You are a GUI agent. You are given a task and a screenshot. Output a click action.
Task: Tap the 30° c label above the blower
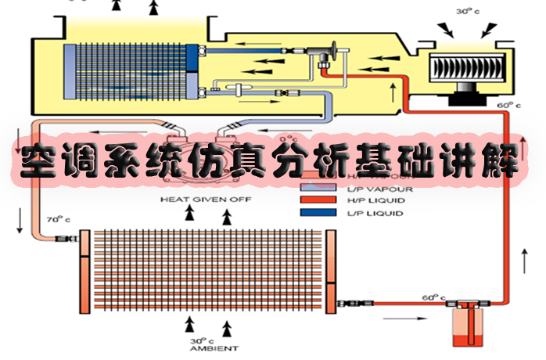(467, 12)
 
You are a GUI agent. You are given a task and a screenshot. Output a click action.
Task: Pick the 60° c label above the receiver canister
(433, 297)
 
